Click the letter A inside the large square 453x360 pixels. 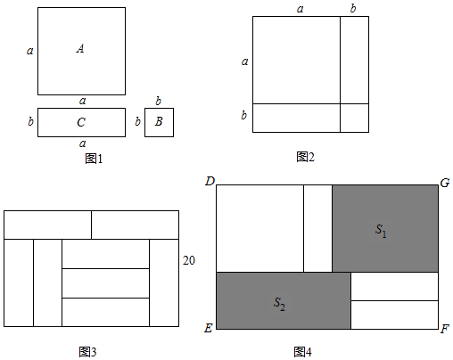[80, 48]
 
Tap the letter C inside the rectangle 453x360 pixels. [81, 122]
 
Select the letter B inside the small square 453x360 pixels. [159, 121]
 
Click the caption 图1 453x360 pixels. [94, 159]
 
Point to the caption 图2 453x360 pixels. [305, 157]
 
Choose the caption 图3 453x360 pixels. [87, 352]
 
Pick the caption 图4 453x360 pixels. [302, 352]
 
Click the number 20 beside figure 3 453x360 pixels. [189, 260]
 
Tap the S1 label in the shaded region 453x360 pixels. [381, 231]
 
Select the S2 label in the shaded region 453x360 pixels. [279, 304]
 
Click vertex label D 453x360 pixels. [210, 181]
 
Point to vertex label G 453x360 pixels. [445, 183]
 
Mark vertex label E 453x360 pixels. [209, 328]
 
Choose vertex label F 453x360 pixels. [445, 329]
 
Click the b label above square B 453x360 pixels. [159, 101]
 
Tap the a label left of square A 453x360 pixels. [30, 51]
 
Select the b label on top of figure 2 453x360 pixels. [353, 8]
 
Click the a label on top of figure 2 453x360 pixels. [301, 9]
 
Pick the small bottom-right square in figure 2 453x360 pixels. [354, 118]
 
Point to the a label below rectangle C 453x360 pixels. [83, 143]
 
